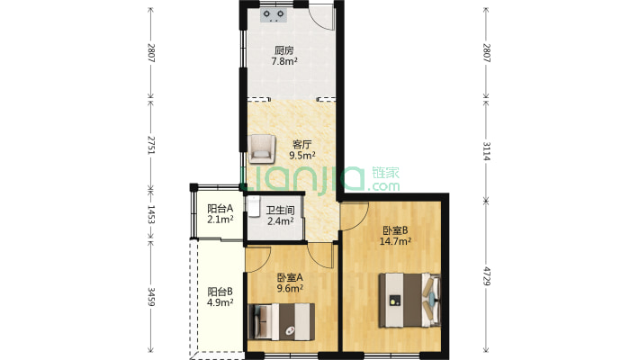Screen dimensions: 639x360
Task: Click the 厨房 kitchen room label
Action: [284, 50]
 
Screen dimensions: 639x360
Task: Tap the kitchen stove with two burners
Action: [274, 15]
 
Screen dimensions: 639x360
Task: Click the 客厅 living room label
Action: [302, 144]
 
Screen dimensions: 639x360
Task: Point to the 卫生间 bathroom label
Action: [281, 211]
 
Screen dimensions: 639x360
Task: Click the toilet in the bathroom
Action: [254, 206]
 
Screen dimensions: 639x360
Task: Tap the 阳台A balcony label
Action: [220, 209]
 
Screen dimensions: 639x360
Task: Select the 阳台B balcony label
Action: [220, 292]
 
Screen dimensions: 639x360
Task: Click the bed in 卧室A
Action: [281, 321]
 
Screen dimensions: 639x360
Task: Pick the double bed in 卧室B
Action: [410, 300]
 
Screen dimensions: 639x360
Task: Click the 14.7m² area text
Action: [395, 241]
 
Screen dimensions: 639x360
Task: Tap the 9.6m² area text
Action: [290, 289]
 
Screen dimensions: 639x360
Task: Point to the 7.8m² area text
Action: [284, 61]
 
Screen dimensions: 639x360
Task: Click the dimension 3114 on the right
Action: [486, 151]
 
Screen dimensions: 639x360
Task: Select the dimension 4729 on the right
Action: [486, 276]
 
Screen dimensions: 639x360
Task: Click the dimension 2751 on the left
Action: [151, 145]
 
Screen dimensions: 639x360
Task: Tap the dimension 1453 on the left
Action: [151, 215]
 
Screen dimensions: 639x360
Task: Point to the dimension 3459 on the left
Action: [151, 297]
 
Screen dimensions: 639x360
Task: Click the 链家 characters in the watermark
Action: [385, 173]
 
